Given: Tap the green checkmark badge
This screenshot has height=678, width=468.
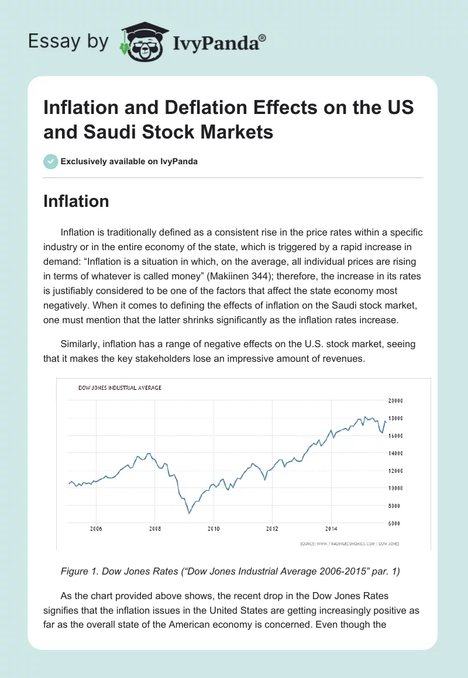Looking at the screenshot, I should click(x=51, y=161).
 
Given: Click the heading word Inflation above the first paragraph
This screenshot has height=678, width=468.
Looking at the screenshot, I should click(x=76, y=201).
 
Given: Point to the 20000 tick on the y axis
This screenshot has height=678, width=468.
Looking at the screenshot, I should click(x=395, y=401).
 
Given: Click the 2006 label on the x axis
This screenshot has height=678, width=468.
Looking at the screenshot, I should click(x=97, y=530).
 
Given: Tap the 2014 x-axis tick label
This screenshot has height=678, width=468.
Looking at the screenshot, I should click(x=331, y=530).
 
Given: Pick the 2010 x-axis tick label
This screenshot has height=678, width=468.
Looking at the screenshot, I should click(x=214, y=530).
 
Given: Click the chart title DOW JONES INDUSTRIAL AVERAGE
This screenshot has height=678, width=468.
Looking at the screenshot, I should click(x=120, y=388).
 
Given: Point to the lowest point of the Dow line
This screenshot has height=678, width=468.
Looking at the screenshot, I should click(x=189, y=513).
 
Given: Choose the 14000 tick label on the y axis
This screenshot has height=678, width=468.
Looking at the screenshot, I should click(x=395, y=453).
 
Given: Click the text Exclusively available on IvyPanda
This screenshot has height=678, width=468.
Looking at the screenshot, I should click(x=129, y=161).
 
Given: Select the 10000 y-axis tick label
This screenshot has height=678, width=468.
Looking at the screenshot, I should click(x=395, y=488).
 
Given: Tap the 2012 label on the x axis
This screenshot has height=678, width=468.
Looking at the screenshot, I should click(x=272, y=530).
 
